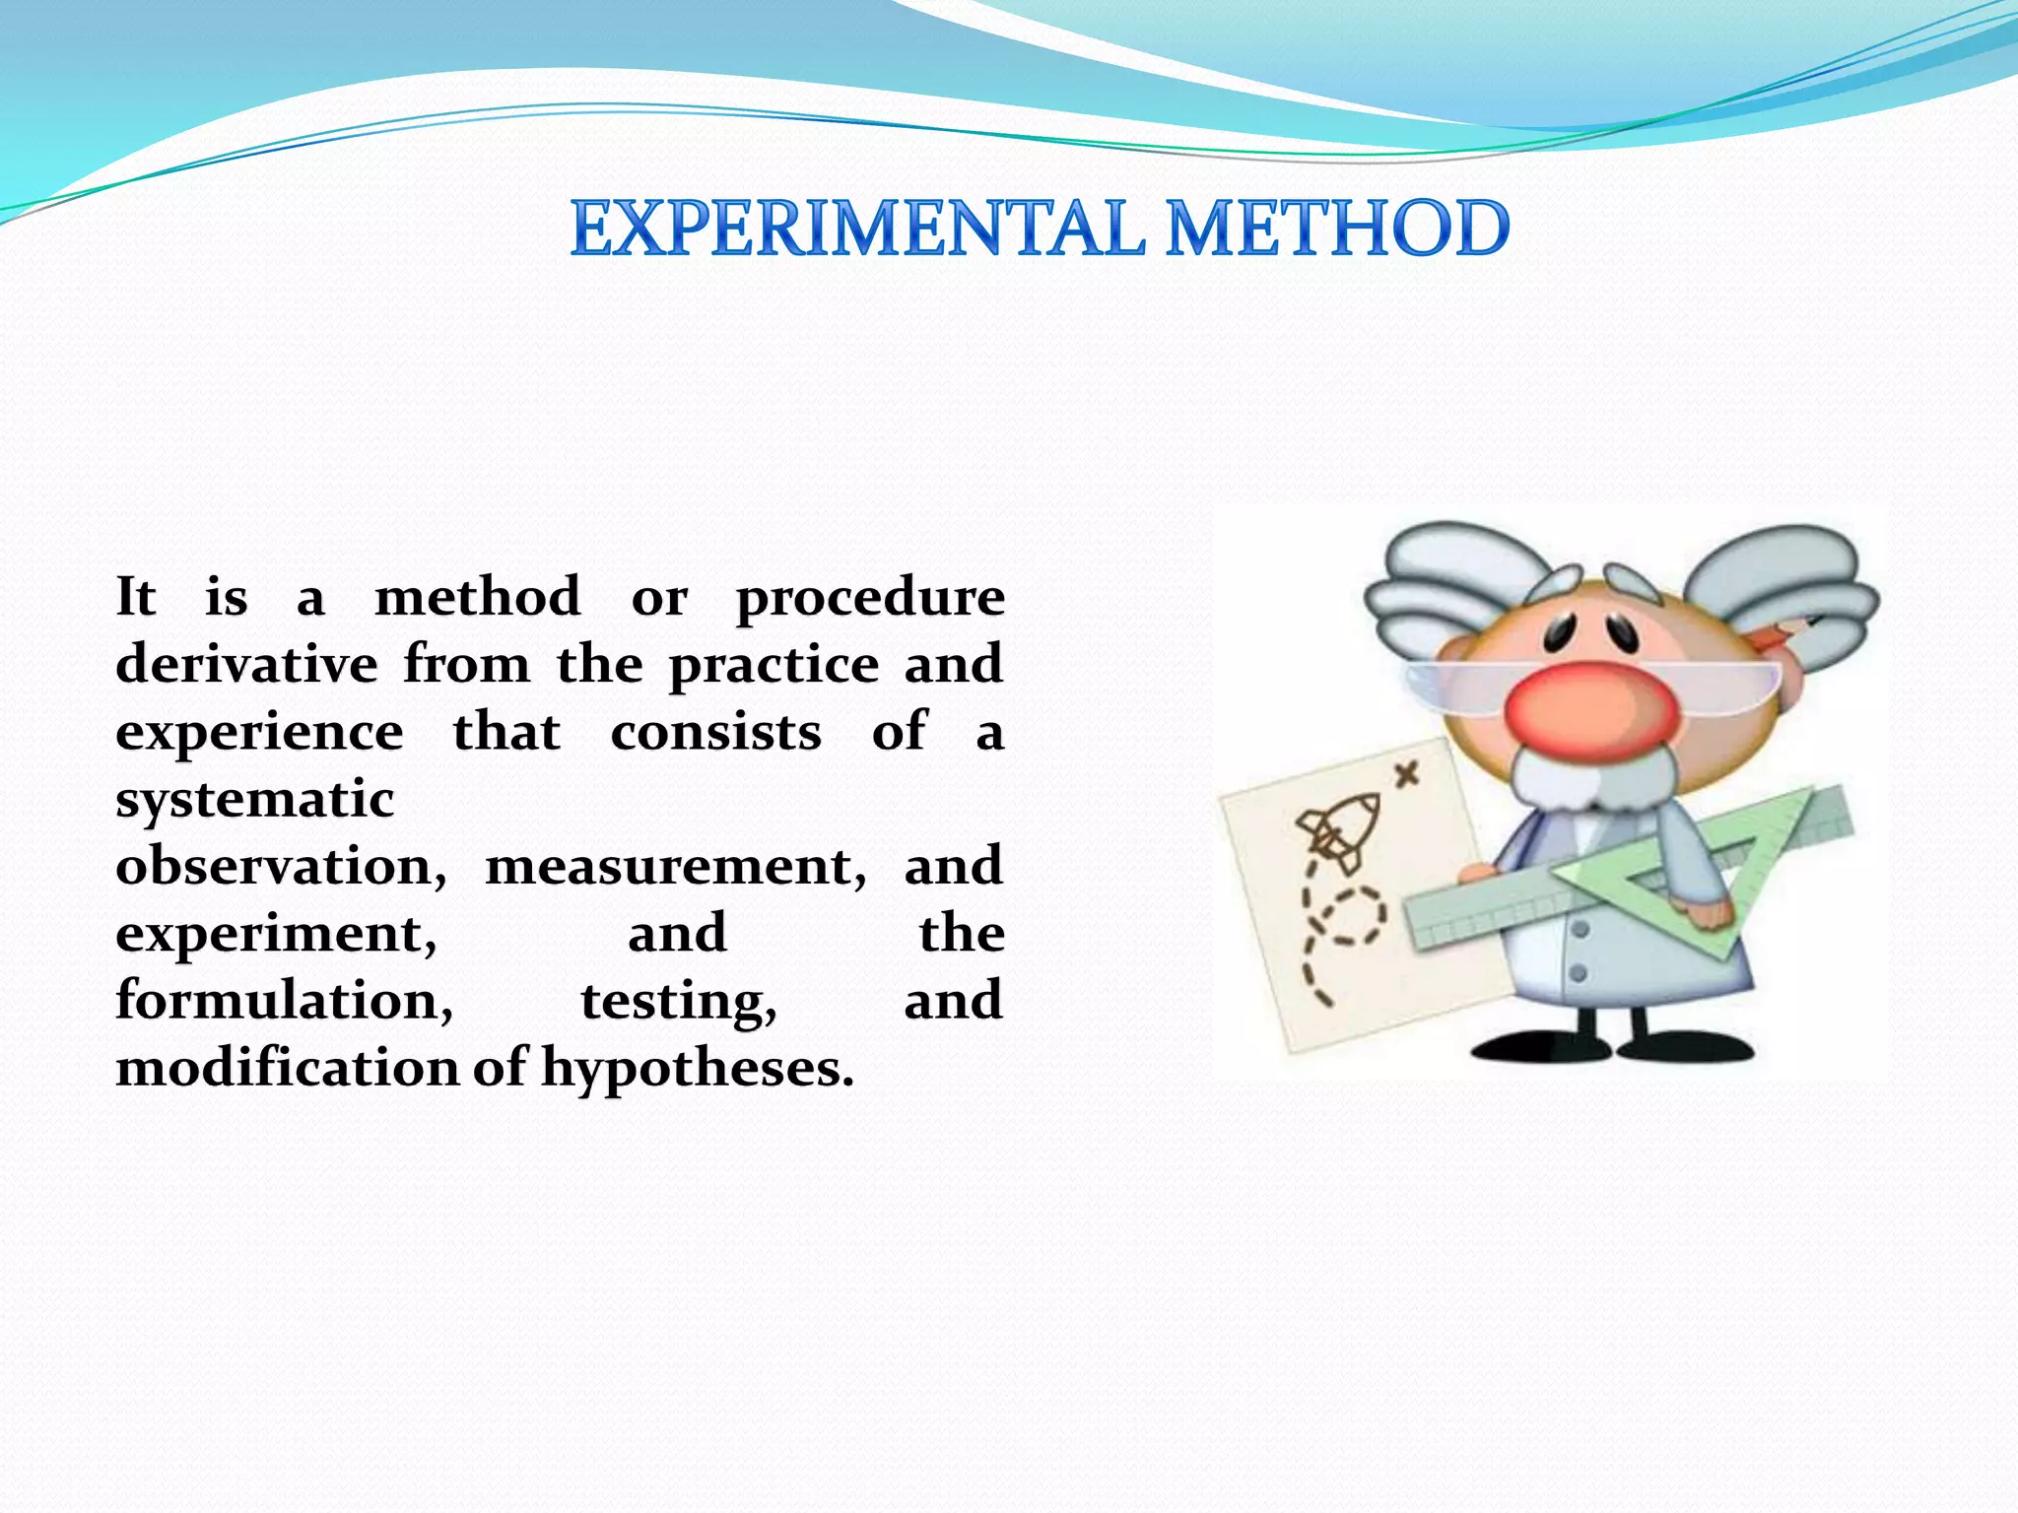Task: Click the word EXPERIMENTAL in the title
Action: click(857, 229)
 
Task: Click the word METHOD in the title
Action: click(1337, 229)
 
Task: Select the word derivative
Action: click(246, 664)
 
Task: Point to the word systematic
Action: click(255, 800)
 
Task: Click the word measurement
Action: click(675, 867)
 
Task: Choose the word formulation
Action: click(284, 1001)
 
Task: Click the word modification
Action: click(287, 1068)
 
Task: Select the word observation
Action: click(281, 867)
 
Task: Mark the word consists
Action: click(715, 733)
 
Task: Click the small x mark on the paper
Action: click(1408, 775)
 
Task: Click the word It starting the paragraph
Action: click(135, 598)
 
